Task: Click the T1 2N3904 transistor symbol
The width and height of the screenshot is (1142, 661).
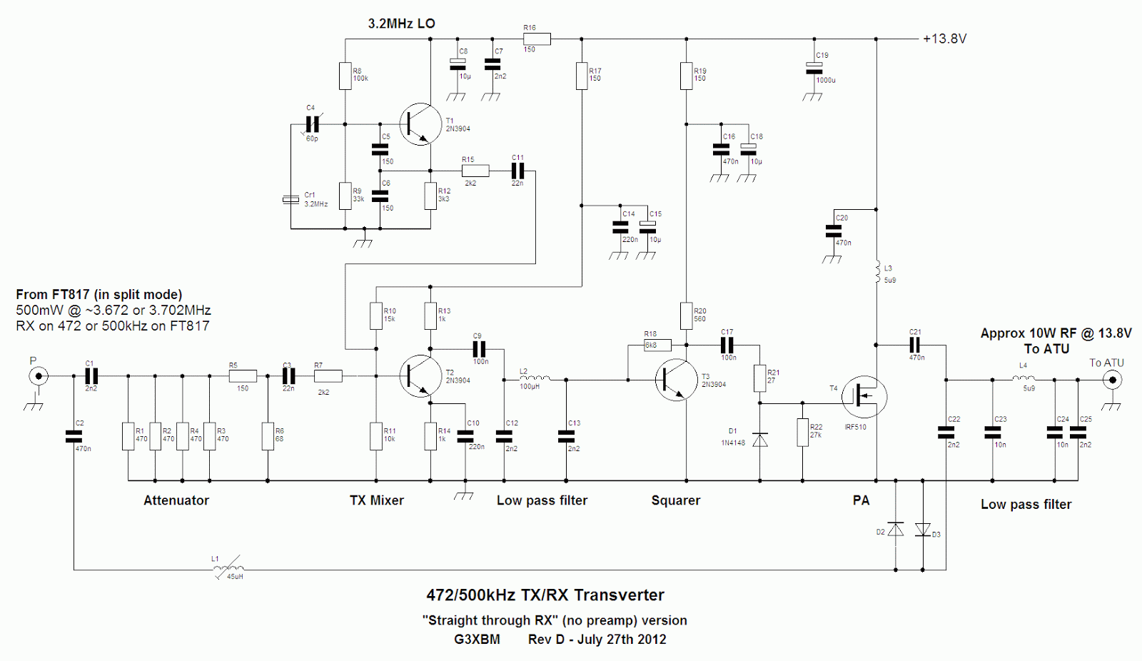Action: point(420,124)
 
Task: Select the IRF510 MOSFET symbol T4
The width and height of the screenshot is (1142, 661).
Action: point(864,397)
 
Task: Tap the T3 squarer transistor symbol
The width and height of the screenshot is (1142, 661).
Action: point(675,380)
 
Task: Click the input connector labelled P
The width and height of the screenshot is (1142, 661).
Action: point(39,376)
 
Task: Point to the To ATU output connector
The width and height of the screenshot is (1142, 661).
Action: point(1111,380)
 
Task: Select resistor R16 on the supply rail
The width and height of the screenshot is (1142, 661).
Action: point(537,39)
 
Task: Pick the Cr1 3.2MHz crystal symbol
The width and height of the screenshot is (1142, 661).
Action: point(290,199)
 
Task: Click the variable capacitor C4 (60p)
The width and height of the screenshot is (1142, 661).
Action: point(312,125)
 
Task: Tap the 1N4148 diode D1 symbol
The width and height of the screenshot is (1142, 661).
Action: point(760,440)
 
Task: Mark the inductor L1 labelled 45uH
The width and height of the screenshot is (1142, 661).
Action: point(228,569)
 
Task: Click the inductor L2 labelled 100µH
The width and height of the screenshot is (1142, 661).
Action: point(535,379)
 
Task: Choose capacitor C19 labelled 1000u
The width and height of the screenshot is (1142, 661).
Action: point(814,69)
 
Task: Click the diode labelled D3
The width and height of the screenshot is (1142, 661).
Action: point(922,530)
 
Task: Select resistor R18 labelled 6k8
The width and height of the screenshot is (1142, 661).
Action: point(657,345)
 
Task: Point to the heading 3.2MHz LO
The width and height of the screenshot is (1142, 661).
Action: point(401,24)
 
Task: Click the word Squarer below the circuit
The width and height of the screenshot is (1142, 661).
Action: point(675,500)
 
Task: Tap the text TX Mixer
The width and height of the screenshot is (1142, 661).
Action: point(376,500)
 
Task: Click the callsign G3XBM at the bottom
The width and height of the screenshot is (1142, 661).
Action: point(477,640)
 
